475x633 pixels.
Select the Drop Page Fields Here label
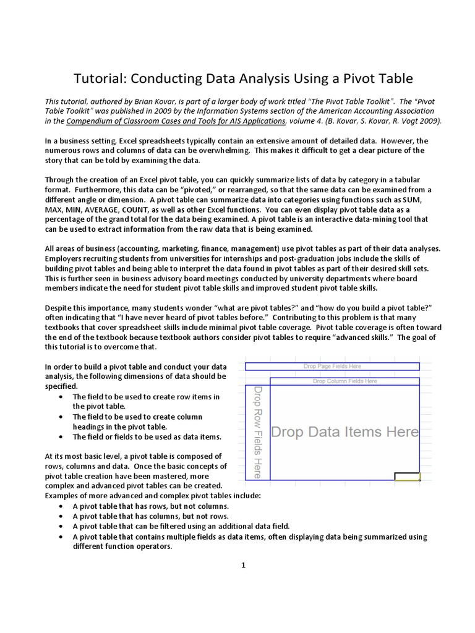pyautogui.click(x=333, y=367)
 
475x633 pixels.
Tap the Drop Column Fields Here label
pyautogui.click(x=345, y=381)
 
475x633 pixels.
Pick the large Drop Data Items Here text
pyautogui.click(x=345, y=431)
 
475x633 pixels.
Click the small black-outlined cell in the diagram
pyautogui.click(x=407, y=476)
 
